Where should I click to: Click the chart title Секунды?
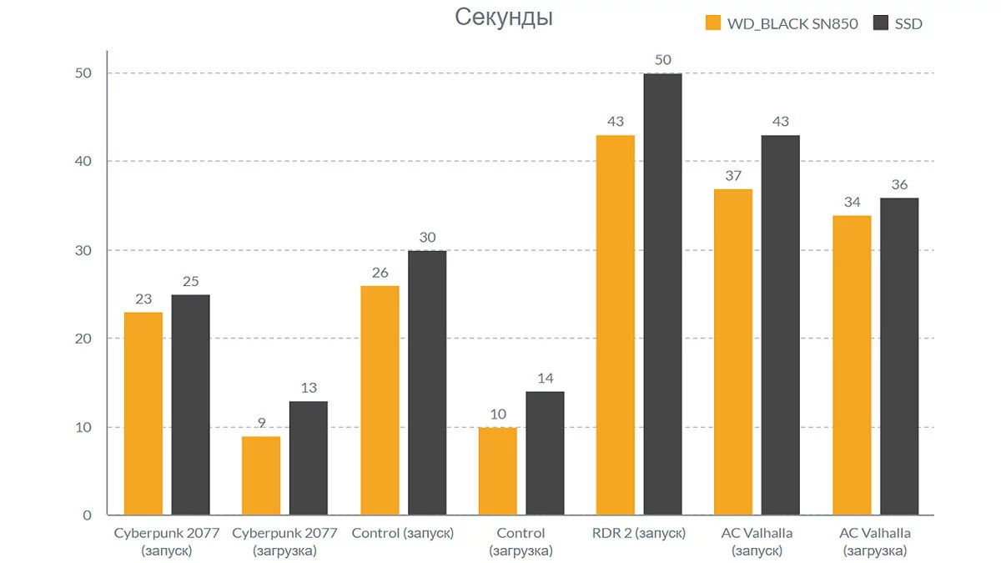[503, 18]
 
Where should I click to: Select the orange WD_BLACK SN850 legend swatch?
[713, 23]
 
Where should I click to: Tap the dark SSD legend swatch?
[880, 23]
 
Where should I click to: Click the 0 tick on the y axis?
[87, 515]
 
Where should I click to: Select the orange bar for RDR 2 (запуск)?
[616, 325]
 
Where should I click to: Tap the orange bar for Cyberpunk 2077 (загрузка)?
[261, 475]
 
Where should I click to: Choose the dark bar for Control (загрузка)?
[545, 454]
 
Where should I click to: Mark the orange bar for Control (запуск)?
[380, 400]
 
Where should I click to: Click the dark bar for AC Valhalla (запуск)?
[781, 325]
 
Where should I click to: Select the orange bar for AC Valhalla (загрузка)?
[852, 365]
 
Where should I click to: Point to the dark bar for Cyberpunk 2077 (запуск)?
[190, 405]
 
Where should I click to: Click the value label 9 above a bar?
[261, 423]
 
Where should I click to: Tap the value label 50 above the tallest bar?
[663, 60]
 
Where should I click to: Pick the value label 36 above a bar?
[899, 184]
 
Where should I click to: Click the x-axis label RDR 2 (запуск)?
[639, 534]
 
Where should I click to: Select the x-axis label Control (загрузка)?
[521, 542]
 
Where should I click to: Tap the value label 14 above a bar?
[545, 379]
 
